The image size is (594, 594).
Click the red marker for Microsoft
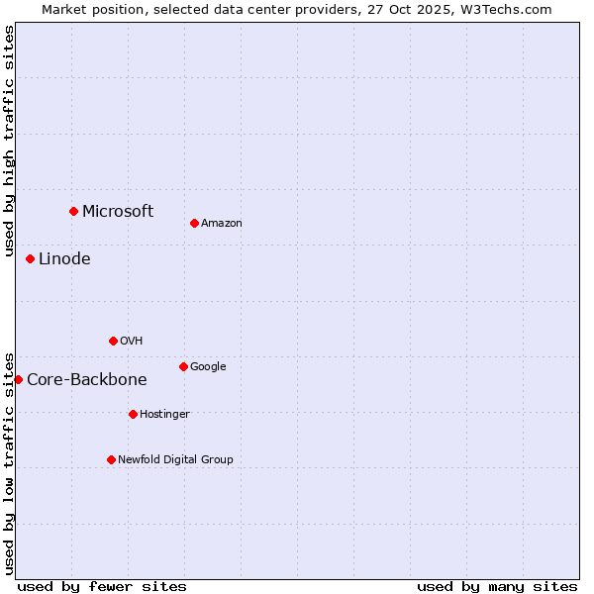[x=73, y=211]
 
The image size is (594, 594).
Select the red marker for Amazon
[x=194, y=223]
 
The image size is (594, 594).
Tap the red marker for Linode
[x=30, y=258]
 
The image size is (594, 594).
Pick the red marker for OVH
[x=113, y=341]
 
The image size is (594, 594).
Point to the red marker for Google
[x=183, y=366]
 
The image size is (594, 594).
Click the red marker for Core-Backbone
[x=18, y=379]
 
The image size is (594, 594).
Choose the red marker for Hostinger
[x=133, y=414]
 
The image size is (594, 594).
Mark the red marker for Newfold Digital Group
[x=111, y=459]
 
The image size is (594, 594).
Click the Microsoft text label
[x=118, y=211]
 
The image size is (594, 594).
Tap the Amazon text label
[x=222, y=223]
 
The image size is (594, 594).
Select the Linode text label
[x=64, y=258]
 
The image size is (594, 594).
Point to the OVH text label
[x=132, y=341]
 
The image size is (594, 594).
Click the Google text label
[x=208, y=366]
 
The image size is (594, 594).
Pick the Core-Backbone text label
[x=87, y=379]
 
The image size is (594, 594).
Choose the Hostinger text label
[x=164, y=414]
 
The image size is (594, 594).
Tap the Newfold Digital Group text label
[x=175, y=459]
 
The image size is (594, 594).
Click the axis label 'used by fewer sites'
[x=102, y=586]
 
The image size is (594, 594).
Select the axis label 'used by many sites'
[x=497, y=586]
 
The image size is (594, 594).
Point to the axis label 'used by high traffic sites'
[x=9, y=141]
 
